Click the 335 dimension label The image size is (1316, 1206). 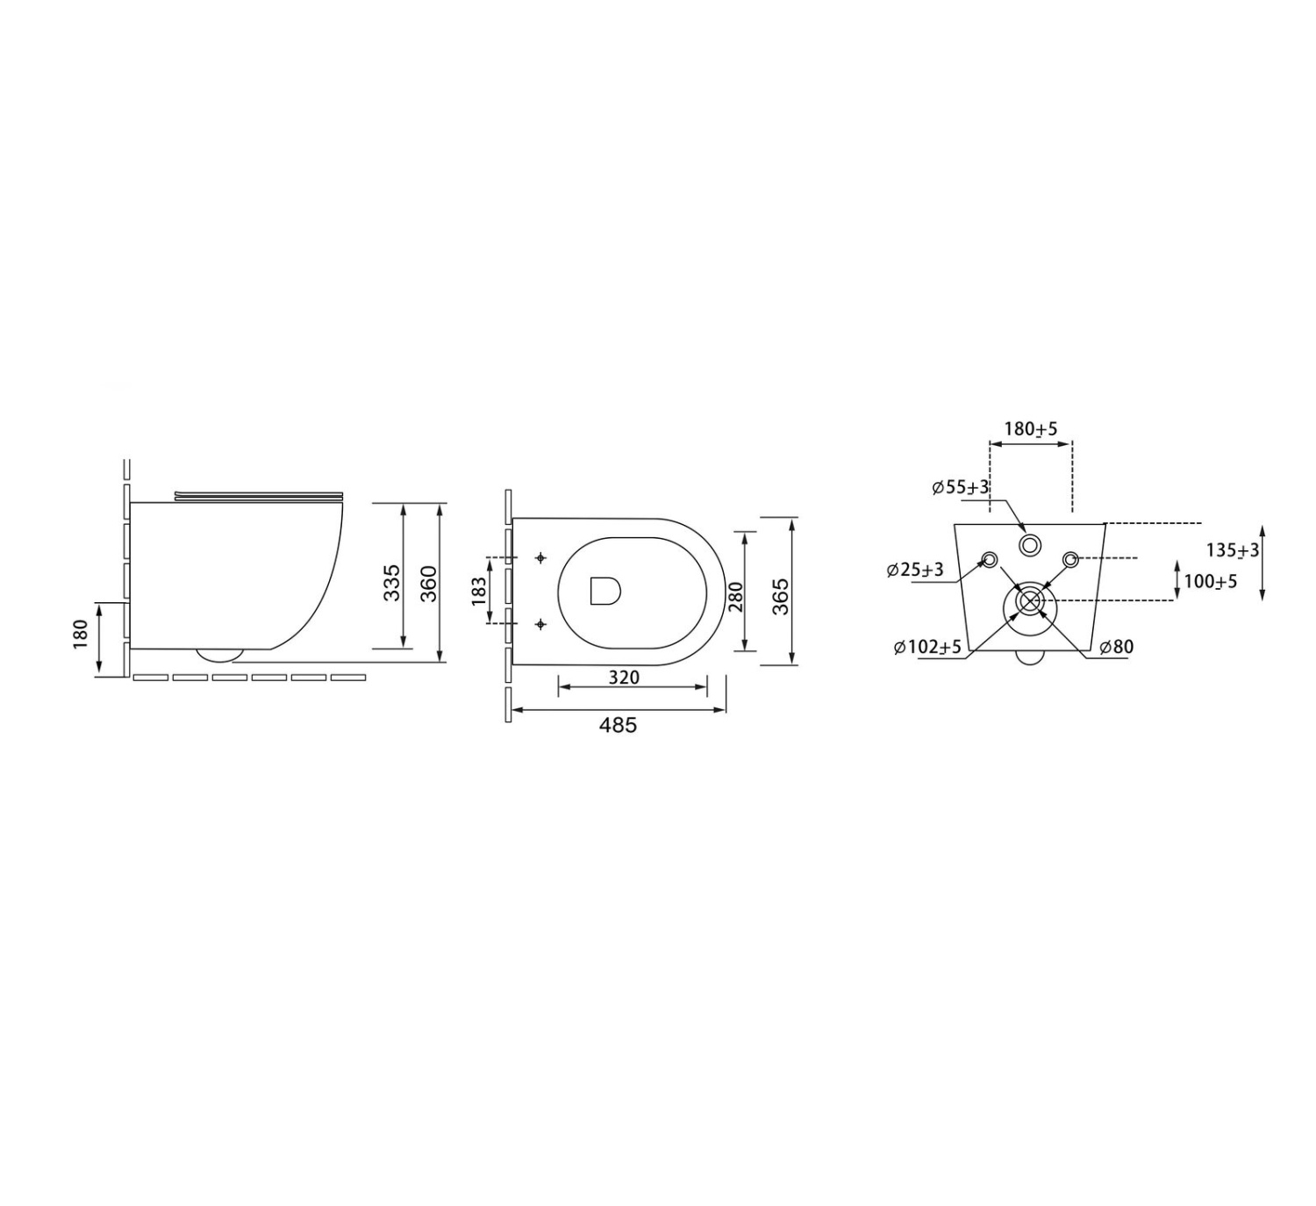(x=391, y=582)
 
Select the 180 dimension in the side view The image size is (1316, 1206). (x=81, y=635)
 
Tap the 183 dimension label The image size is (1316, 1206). (x=479, y=591)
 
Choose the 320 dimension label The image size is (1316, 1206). (x=623, y=677)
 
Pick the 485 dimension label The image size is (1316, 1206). (x=618, y=725)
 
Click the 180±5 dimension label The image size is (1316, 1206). (x=1031, y=428)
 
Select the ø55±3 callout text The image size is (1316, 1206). (x=961, y=487)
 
